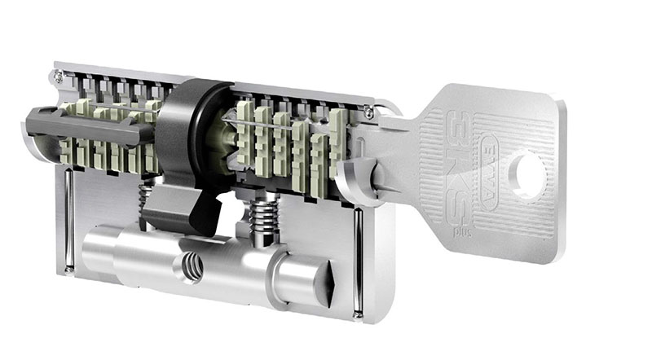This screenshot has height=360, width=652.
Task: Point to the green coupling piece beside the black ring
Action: coord(221,143)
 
